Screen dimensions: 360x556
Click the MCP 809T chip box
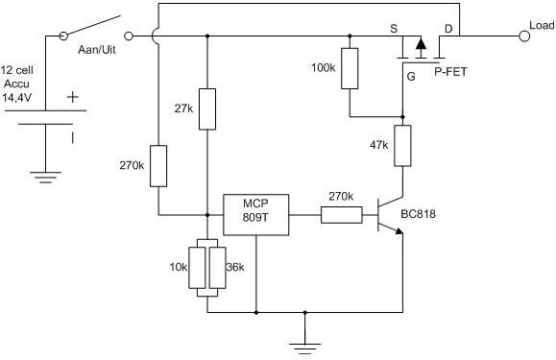coord(255,215)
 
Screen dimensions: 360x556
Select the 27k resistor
coord(206,109)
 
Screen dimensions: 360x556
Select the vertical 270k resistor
coord(158,165)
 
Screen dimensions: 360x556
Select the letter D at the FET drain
coord(448,30)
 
